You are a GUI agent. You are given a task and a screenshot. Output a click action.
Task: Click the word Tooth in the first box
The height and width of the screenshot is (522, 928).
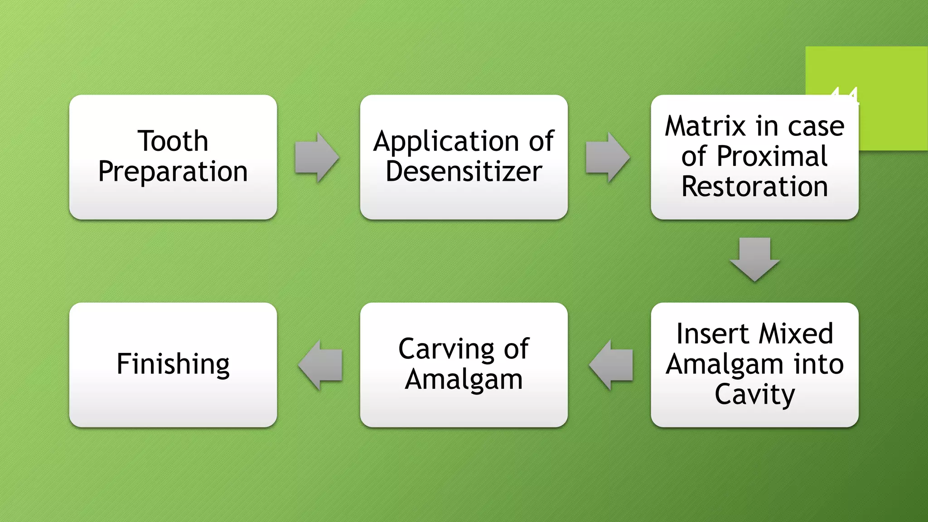coord(173,141)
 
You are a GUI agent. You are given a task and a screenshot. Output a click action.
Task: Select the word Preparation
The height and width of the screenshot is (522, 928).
coord(173,172)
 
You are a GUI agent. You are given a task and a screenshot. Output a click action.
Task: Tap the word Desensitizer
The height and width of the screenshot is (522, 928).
coord(464,172)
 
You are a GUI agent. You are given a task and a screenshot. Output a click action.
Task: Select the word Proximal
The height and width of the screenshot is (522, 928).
coord(772,156)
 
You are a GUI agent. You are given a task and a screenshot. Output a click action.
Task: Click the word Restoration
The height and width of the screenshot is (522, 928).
coord(754,187)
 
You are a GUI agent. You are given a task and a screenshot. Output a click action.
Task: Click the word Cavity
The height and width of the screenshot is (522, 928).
coord(754,395)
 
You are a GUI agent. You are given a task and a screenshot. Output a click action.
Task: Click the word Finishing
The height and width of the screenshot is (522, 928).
coord(173,364)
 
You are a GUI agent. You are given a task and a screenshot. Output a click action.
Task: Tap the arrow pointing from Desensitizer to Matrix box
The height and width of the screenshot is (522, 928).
coord(607,157)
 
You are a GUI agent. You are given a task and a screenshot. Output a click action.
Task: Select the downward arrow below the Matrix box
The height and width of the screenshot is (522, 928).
coord(754,259)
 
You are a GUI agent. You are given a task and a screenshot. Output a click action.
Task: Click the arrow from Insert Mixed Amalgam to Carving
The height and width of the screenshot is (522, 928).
coord(611,365)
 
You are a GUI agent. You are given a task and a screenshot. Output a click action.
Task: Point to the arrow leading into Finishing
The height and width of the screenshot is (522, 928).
coord(320,365)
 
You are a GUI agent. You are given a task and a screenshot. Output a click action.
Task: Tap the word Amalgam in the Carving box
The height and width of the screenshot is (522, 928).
coord(464,380)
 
